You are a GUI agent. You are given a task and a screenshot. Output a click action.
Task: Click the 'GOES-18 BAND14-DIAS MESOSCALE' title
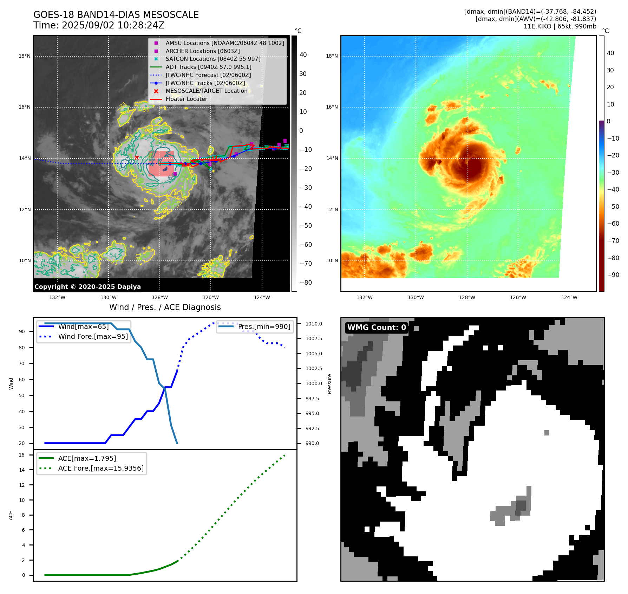(x=116, y=15)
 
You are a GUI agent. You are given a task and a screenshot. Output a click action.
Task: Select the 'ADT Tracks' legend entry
(x=208, y=67)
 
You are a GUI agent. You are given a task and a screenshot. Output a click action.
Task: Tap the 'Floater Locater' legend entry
(x=186, y=99)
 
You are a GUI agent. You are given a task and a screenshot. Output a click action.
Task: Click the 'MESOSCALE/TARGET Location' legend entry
(x=207, y=91)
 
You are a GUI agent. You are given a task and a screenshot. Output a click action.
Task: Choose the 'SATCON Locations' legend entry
(x=213, y=59)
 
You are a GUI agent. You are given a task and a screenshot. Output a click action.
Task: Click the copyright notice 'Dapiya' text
(x=87, y=287)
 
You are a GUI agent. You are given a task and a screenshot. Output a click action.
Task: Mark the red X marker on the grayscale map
(x=137, y=157)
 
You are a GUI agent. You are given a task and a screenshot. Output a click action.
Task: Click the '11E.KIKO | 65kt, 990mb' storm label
(x=560, y=26)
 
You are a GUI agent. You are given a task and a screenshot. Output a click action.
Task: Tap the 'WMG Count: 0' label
(x=377, y=328)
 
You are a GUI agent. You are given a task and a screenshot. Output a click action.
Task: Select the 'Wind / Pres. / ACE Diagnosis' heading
(x=165, y=307)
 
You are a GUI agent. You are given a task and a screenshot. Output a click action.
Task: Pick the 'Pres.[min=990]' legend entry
(x=264, y=327)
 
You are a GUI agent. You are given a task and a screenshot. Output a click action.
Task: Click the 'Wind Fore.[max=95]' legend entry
(x=93, y=336)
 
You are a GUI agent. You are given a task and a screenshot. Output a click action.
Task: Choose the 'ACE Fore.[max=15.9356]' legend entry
(x=101, y=468)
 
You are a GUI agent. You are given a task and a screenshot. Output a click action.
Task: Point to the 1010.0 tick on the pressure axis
(x=314, y=324)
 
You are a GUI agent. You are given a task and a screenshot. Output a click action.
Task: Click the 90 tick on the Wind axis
(x=22, y=331)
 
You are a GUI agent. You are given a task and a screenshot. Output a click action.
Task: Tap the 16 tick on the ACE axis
(x=22, y=455)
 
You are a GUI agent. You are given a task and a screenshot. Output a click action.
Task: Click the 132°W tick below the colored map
(x=364, y=297)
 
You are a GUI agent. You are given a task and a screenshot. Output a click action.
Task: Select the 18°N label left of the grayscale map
(x=25, y=56)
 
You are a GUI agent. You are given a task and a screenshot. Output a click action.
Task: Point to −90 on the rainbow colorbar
(x=613, y=275)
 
